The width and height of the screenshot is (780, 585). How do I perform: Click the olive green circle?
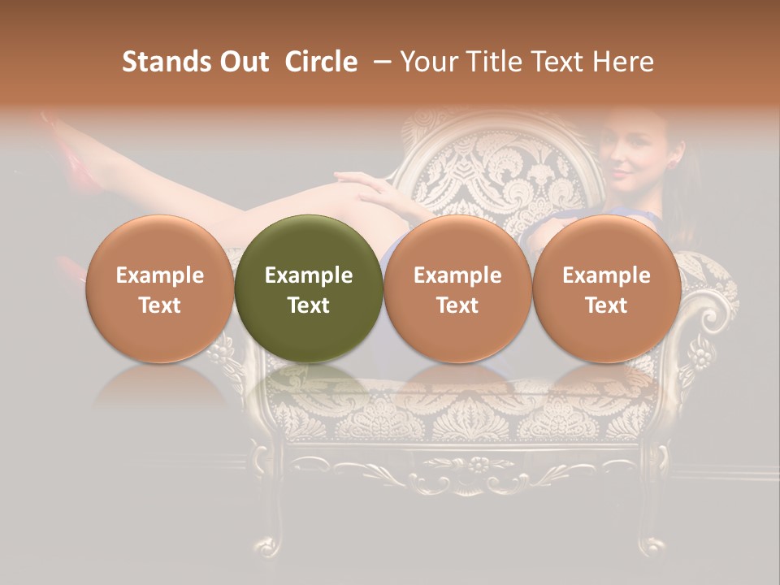[x=309, y=289]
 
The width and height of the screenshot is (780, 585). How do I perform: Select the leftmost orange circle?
[x=160, y=289]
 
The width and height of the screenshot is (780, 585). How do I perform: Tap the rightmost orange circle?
[x=606, y=289]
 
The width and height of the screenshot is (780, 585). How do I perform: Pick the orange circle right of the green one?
[x=457, y=289]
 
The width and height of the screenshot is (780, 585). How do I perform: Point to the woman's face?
[x=630, y=154]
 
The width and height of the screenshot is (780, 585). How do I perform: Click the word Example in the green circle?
[x=309, y=275]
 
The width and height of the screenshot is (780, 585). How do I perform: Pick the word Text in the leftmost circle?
[x=160, y=305]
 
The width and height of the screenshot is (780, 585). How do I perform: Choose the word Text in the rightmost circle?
[x=606, y=305]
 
